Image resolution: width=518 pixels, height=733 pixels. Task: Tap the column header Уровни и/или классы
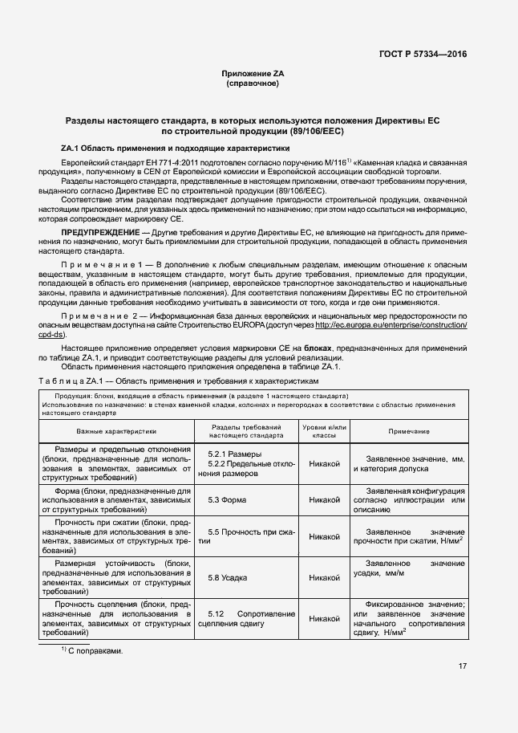[x=324, y=431]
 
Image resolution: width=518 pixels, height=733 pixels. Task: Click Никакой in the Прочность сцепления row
[x=324, y=618]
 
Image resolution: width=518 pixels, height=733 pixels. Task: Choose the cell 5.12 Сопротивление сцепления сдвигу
[x=245, y=618]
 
